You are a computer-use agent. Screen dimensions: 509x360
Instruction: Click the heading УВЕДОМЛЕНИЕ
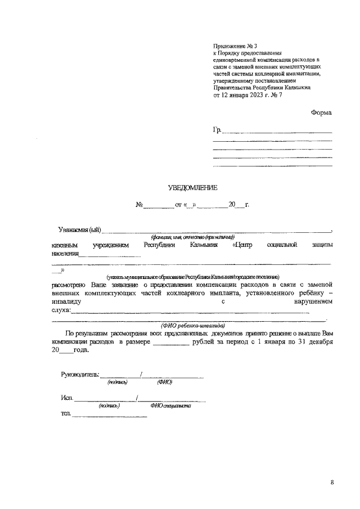click(192, 188)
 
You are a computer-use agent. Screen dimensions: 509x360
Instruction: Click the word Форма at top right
click(321, 112)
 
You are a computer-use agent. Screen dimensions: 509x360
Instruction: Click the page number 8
click(332, 483)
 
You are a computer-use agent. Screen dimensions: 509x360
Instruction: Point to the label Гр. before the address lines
click(217, 130)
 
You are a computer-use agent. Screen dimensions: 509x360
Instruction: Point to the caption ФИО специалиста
click(171, 406)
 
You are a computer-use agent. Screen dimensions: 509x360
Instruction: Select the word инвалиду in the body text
click(66, 301)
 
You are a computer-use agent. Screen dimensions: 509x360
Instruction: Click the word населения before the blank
click(64, 253)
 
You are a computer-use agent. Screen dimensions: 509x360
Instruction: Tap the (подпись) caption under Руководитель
click(118, 382)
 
